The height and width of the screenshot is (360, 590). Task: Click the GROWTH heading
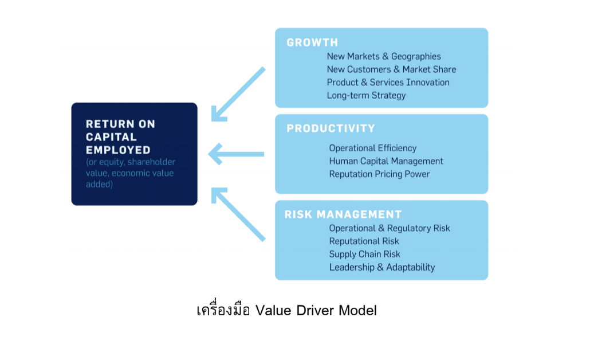(312, 42)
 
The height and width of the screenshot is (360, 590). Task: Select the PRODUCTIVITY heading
(331, 128)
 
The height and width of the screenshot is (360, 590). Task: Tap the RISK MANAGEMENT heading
(343, 214)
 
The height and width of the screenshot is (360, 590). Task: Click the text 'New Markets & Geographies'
(384, 57)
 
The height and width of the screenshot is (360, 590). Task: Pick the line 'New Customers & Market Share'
(391, 69)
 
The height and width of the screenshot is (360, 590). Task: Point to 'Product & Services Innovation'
(388, 83)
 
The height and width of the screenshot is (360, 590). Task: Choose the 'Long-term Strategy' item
(366, 96)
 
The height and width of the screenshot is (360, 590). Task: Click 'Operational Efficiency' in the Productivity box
(373, 148)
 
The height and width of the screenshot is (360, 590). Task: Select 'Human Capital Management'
(386, 161)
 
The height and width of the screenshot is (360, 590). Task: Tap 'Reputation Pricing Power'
(379, 174)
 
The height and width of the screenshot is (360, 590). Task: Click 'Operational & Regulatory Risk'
(390, 228)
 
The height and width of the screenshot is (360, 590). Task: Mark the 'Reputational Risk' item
(364, 241)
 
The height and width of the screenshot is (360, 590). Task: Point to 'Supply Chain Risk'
(365, 254)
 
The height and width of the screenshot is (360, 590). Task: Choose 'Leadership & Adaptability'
(382, 267)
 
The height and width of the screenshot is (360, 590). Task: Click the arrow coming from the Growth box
(238, 95)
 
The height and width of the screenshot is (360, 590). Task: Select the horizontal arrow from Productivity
(237, 154)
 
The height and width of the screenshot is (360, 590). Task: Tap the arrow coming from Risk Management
(238, 214)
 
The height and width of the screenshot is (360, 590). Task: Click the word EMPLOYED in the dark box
(118, 150)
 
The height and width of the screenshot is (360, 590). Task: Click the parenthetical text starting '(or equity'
(131, 173)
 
